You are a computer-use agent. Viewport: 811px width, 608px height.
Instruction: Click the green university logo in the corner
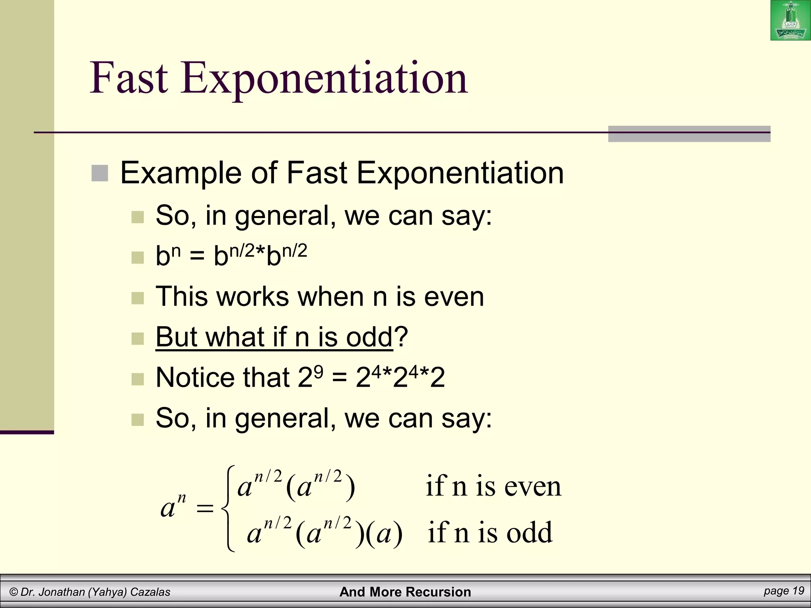coord(790,21)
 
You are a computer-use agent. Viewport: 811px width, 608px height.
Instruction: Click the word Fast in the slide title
coord(129,78)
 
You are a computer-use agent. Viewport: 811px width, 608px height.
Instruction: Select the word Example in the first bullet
coord(181,173)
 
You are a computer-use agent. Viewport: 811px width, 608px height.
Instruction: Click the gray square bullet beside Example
coord(100,173)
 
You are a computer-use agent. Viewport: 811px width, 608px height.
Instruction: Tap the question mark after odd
coord(401,337)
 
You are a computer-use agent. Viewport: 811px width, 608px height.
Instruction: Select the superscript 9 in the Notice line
coord(318,371)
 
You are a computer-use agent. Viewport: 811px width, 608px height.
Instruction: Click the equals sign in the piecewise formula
coord(205,508)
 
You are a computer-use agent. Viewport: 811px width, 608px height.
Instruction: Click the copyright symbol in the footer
coord(14,592)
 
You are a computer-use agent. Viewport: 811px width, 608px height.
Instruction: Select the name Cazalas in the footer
coord(150,592)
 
